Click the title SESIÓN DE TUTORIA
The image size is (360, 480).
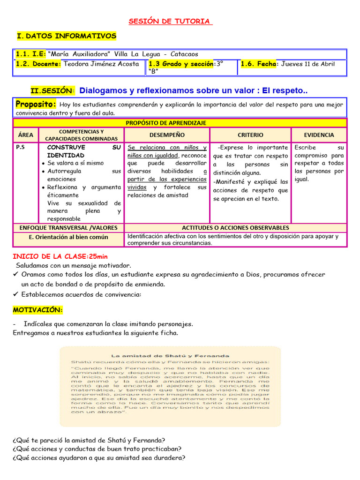coord(170,22)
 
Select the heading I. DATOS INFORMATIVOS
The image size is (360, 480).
coord(66,36)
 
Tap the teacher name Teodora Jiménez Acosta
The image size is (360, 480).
coord(101,64)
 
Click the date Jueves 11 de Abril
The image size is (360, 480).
coord(308,64)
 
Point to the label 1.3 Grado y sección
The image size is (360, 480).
coord(180,64)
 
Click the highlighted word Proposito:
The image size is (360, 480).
coord(36,104)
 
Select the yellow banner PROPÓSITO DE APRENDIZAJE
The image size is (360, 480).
coord(180,123)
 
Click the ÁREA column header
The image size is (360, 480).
coord(26,135)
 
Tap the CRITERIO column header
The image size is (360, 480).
coord(250,135)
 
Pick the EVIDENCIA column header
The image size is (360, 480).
coord(319,135)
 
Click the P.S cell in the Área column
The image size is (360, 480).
coord(20,147)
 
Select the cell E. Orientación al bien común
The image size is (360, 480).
coord(68,237)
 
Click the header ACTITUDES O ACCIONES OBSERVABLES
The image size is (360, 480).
coord(235,227)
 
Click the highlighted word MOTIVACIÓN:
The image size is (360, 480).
coord(37,310)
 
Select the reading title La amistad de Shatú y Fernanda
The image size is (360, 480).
coord(169,356)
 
